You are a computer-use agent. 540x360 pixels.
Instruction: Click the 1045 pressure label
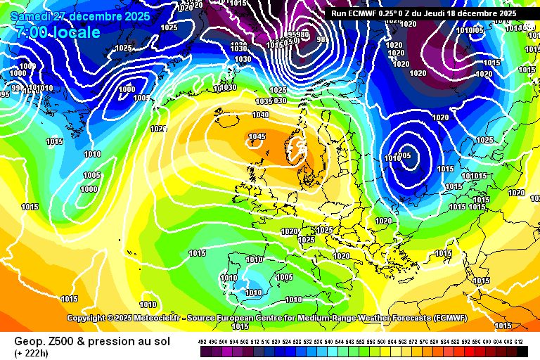click(x=257, y=137)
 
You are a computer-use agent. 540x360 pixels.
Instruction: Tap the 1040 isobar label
click(x=260, y=115)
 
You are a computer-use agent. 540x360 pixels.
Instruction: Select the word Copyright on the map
click(x=85, y=318)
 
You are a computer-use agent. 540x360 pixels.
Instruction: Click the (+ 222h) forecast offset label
click(x=32, y=352)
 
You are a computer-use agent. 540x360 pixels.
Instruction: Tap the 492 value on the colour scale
click(x=202, y=341)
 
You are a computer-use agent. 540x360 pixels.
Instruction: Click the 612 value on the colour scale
click(x=518, y=341)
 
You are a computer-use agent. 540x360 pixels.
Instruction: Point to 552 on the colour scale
click(x=360, y=341)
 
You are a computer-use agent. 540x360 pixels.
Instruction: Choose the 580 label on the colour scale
click(x=434, y=341)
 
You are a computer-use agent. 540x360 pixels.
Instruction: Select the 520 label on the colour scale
click(x=276, y=341)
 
